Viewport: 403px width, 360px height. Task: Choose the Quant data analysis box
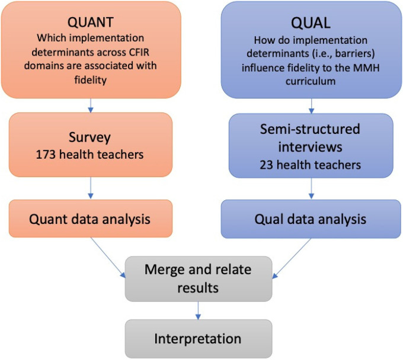point(91,218)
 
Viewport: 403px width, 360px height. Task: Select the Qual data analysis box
point(312,218)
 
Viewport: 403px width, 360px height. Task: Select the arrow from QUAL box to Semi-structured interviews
point(311,105)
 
